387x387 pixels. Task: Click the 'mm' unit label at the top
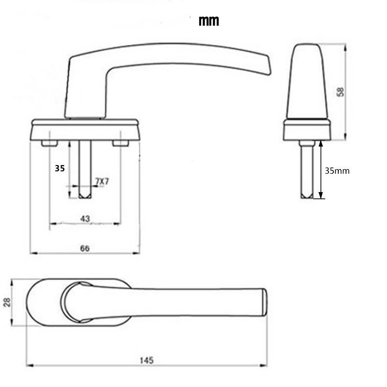pyautogui.click(x=208, y=21)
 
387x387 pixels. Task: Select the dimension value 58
pyautogui.click(x=340, y=92)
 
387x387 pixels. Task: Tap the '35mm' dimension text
pyautogui.click(x=337, y=170)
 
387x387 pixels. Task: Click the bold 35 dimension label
pyautogui.click(x=60, y=168)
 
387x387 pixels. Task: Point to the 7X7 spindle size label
pyautogui.click(x=102, y=181)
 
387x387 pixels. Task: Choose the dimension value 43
pyautogui.click(x=85, y=219)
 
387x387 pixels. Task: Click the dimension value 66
pyautogui.click(x=85, y=249)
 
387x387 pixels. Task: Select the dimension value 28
pyautogui.click(x=7, y=302)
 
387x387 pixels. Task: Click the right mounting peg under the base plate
pyautogui.click(x=121, y=143)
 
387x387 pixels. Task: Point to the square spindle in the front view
pyautogui.click(x=85, y=169)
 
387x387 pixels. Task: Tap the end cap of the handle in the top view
pyautogui.click(x=264, y=303)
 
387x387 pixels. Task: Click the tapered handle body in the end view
pyautogui.click(x=307, y=82)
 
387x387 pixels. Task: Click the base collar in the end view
pyautogui.click(x=307, y=129)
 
